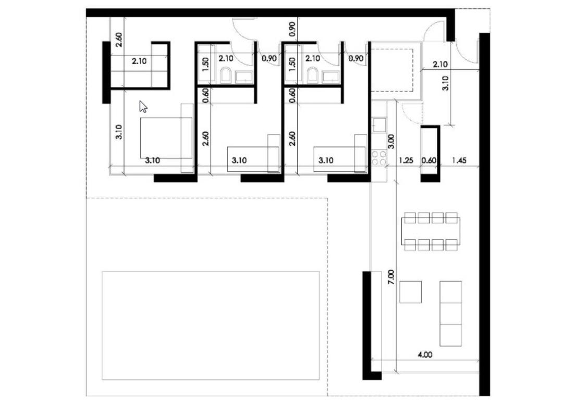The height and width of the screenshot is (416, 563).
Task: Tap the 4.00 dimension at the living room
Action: (424, 354)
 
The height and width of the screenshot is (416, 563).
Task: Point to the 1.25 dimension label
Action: (406, 161)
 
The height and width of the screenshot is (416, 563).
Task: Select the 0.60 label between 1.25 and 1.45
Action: (429, 161)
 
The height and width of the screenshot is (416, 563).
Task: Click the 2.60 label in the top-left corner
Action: (119, 40)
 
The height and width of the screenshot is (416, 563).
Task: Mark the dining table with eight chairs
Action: (431, 231)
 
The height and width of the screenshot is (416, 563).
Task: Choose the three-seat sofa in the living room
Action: (450, 313)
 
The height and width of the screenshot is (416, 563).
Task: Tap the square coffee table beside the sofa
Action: (410, 292)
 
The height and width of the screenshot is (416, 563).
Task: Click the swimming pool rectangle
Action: (211, 325)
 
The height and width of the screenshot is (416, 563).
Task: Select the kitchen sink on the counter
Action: (378, 125)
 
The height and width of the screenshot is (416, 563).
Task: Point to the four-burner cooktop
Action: (379, 158)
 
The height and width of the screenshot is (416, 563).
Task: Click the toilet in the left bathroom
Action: (226, 77)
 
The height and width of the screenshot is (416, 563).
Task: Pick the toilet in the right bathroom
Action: (313, 77)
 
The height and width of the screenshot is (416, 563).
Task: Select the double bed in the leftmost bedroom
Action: (166, 138)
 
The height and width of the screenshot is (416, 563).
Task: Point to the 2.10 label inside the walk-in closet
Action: (139, 61)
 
